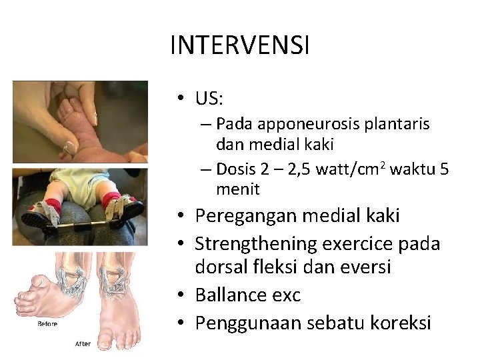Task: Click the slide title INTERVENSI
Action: [240, 46]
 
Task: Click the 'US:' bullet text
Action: [209, 99]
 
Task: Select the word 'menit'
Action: [237, 189]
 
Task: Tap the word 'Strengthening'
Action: [256, 243]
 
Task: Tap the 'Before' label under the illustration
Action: [47, 324]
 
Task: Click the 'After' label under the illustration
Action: [83, 345]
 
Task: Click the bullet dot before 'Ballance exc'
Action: [181, 295]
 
